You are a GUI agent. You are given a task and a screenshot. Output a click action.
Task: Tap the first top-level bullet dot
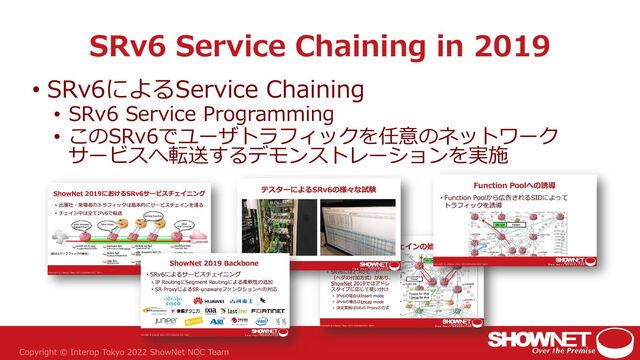pos(37,92)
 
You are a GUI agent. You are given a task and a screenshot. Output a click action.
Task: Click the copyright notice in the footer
pos(139,350)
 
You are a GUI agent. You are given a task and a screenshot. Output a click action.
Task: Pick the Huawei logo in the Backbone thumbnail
pos(200,300)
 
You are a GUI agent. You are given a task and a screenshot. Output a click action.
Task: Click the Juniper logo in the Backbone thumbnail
pos(166,323)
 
